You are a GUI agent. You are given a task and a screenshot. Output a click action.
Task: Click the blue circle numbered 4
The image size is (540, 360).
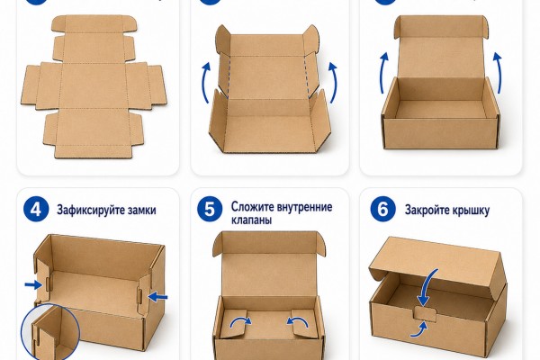click(36, 210)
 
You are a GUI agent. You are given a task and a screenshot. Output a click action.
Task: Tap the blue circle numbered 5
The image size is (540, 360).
click(210, 210)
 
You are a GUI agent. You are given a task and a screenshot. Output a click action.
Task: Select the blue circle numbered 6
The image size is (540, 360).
click(383, 209)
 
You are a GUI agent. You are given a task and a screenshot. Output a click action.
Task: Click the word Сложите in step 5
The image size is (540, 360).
click(249, 207)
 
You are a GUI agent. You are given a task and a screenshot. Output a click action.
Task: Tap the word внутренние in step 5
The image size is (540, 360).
click(301, 207)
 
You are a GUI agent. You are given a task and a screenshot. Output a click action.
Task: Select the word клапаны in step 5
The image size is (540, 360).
click(251, 220)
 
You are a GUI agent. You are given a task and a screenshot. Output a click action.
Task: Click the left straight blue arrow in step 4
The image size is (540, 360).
click(33, 285)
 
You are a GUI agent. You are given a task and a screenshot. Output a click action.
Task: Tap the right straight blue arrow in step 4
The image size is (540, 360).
click(157, 296)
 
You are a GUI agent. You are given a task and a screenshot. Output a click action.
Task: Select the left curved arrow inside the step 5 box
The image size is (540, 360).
click(240, 322)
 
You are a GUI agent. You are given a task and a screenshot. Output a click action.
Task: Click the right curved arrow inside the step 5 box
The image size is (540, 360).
click(298, 322)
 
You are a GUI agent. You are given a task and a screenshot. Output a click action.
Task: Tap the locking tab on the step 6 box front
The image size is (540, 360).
click(426, 314)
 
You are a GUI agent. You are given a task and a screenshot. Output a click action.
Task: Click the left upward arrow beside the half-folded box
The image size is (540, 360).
click(205, 82)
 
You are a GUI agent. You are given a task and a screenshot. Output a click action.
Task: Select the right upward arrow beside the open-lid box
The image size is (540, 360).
click(498, 72)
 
